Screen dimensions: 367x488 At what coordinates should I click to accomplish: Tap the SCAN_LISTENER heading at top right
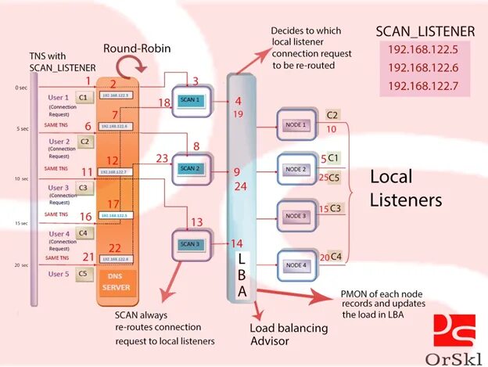(425, 31)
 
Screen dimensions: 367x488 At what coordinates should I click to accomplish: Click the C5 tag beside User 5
(82, 274)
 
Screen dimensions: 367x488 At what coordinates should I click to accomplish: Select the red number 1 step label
(88, 81)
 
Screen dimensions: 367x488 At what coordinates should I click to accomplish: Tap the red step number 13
(196, 222)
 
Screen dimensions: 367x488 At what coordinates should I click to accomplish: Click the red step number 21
(88, 257)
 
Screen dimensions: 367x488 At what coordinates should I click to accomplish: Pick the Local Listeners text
(406, 189)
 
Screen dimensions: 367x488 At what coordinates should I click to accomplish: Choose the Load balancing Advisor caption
(279, 334)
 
